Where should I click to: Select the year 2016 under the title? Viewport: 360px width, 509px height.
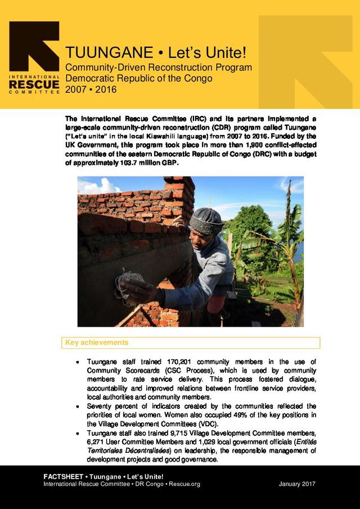[105, 88]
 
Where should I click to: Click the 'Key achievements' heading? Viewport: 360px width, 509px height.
[97, 343]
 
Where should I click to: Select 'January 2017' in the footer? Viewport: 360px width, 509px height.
[297, 484]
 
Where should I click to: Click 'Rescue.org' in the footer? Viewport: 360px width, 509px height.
[185, 484]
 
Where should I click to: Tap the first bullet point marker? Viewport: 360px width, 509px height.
[78, 362]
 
